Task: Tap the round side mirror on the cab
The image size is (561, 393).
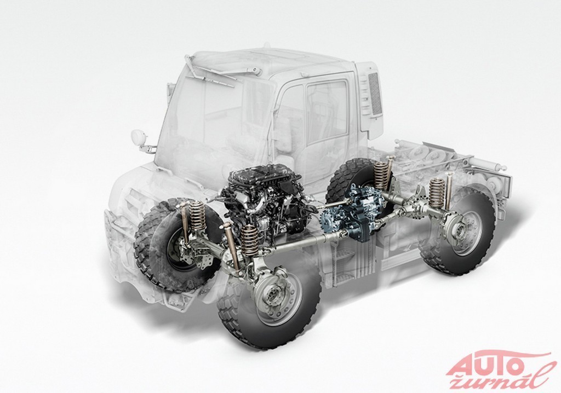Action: point(137,136)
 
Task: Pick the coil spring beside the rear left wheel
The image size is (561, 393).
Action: point(381,173)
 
